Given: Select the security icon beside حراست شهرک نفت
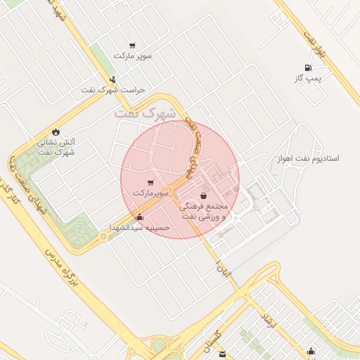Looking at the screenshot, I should pyautogui.click(x=113, y=79).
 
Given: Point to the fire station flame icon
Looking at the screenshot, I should pyautogui.click(x=56, y=131).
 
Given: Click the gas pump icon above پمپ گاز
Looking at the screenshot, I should pyautogui.click(x=307, y=68).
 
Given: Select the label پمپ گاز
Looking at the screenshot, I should pyautogui.click(x=307, y=79).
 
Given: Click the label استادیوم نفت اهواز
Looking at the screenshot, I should pyautogui.click(x=308, y=159).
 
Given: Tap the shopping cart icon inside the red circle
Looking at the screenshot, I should pyautogui.click(x=150, y=183).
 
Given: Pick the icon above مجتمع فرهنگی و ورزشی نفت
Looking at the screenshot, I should pyautogui.click(x=203, y=195).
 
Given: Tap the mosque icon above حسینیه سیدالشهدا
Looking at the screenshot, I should pyautogui.click(x=139, y=217).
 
